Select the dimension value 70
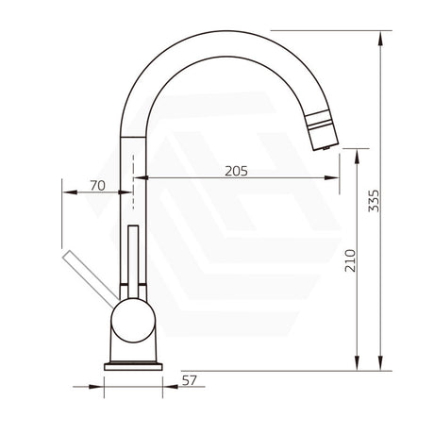96,185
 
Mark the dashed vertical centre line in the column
132,184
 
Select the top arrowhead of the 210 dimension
358,159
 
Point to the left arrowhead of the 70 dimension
67,192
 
